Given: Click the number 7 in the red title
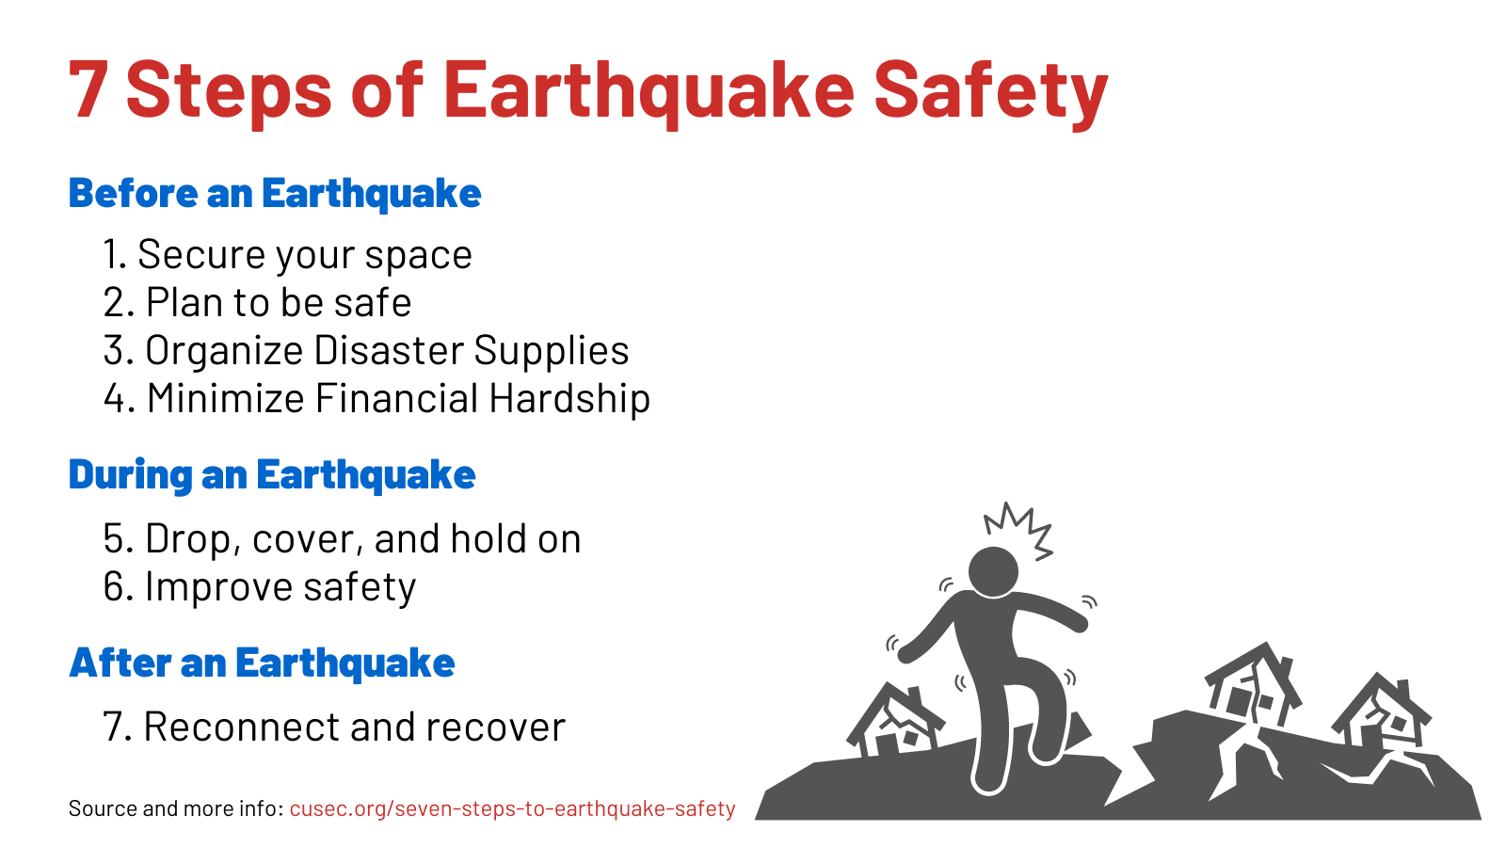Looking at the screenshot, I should [89, 89].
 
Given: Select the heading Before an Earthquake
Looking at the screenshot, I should [275, 194].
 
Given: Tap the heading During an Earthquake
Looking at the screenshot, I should [272, 475].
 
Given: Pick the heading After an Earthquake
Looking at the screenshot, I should [262, 663].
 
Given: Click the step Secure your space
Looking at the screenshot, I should [287, 255].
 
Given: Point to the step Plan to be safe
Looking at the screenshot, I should [257, 303].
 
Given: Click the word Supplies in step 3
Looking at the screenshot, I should [551, 351].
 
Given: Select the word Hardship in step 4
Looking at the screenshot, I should [569, 399].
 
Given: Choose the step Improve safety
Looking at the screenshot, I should [259, 587].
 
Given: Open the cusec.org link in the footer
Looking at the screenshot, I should [512, 809].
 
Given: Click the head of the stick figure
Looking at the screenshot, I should [993, 571].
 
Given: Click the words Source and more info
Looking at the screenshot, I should [175, 809].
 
